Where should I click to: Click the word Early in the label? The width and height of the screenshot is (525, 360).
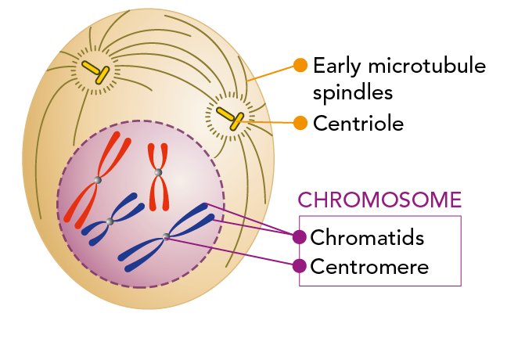click(x=336, y=66)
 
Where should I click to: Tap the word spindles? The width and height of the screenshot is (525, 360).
click(x=352, y=93)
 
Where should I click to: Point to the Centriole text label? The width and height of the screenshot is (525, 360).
click(x=358, y=123)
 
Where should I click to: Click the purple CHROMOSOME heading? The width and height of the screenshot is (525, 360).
click(x=380, y=200)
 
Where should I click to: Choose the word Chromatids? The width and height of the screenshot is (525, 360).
click(x=367, y=236)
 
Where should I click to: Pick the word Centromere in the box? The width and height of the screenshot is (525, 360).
click(x=369, y=266)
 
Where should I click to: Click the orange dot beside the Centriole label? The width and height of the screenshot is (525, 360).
click(x=300, y=122)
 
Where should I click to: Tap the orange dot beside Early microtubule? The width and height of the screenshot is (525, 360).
click(x=300, y=65)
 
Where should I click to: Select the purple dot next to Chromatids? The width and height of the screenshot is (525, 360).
click(x=299, y=236)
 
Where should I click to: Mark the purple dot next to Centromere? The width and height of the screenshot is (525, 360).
click(x=299, y=266)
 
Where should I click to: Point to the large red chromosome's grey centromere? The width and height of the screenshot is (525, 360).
click(x=97, y=181)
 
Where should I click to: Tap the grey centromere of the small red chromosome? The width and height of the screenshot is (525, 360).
click(x=158, y=172)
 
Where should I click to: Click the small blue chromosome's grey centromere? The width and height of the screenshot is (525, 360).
click(x=110, y=222)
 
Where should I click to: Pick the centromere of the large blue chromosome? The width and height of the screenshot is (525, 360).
click(x=167, y=236)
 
